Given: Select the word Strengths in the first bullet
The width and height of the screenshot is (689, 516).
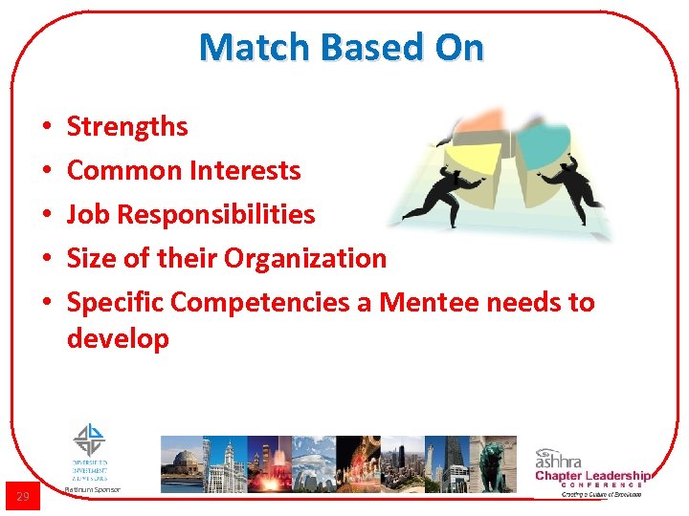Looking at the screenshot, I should point(127,126).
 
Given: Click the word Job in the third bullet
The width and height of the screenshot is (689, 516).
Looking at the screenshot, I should point(87,214).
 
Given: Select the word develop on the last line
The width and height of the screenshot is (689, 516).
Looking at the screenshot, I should point(118,338).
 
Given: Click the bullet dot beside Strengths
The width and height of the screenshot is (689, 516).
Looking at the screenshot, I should point(46,127).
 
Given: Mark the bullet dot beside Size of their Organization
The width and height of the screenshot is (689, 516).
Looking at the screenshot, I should point(46,259).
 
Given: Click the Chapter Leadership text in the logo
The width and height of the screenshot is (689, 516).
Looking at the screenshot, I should point(592,476).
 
